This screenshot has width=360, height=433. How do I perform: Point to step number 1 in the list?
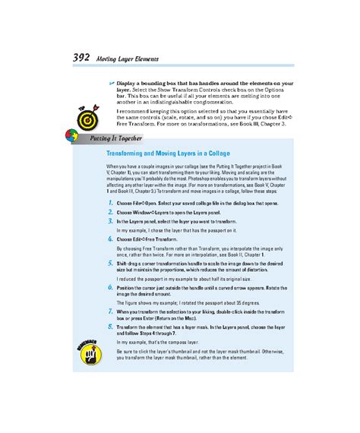(x=110, y=204)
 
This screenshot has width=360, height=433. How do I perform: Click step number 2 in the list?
(x=110, y=213)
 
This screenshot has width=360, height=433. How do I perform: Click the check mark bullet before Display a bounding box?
(x=111, y=81)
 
